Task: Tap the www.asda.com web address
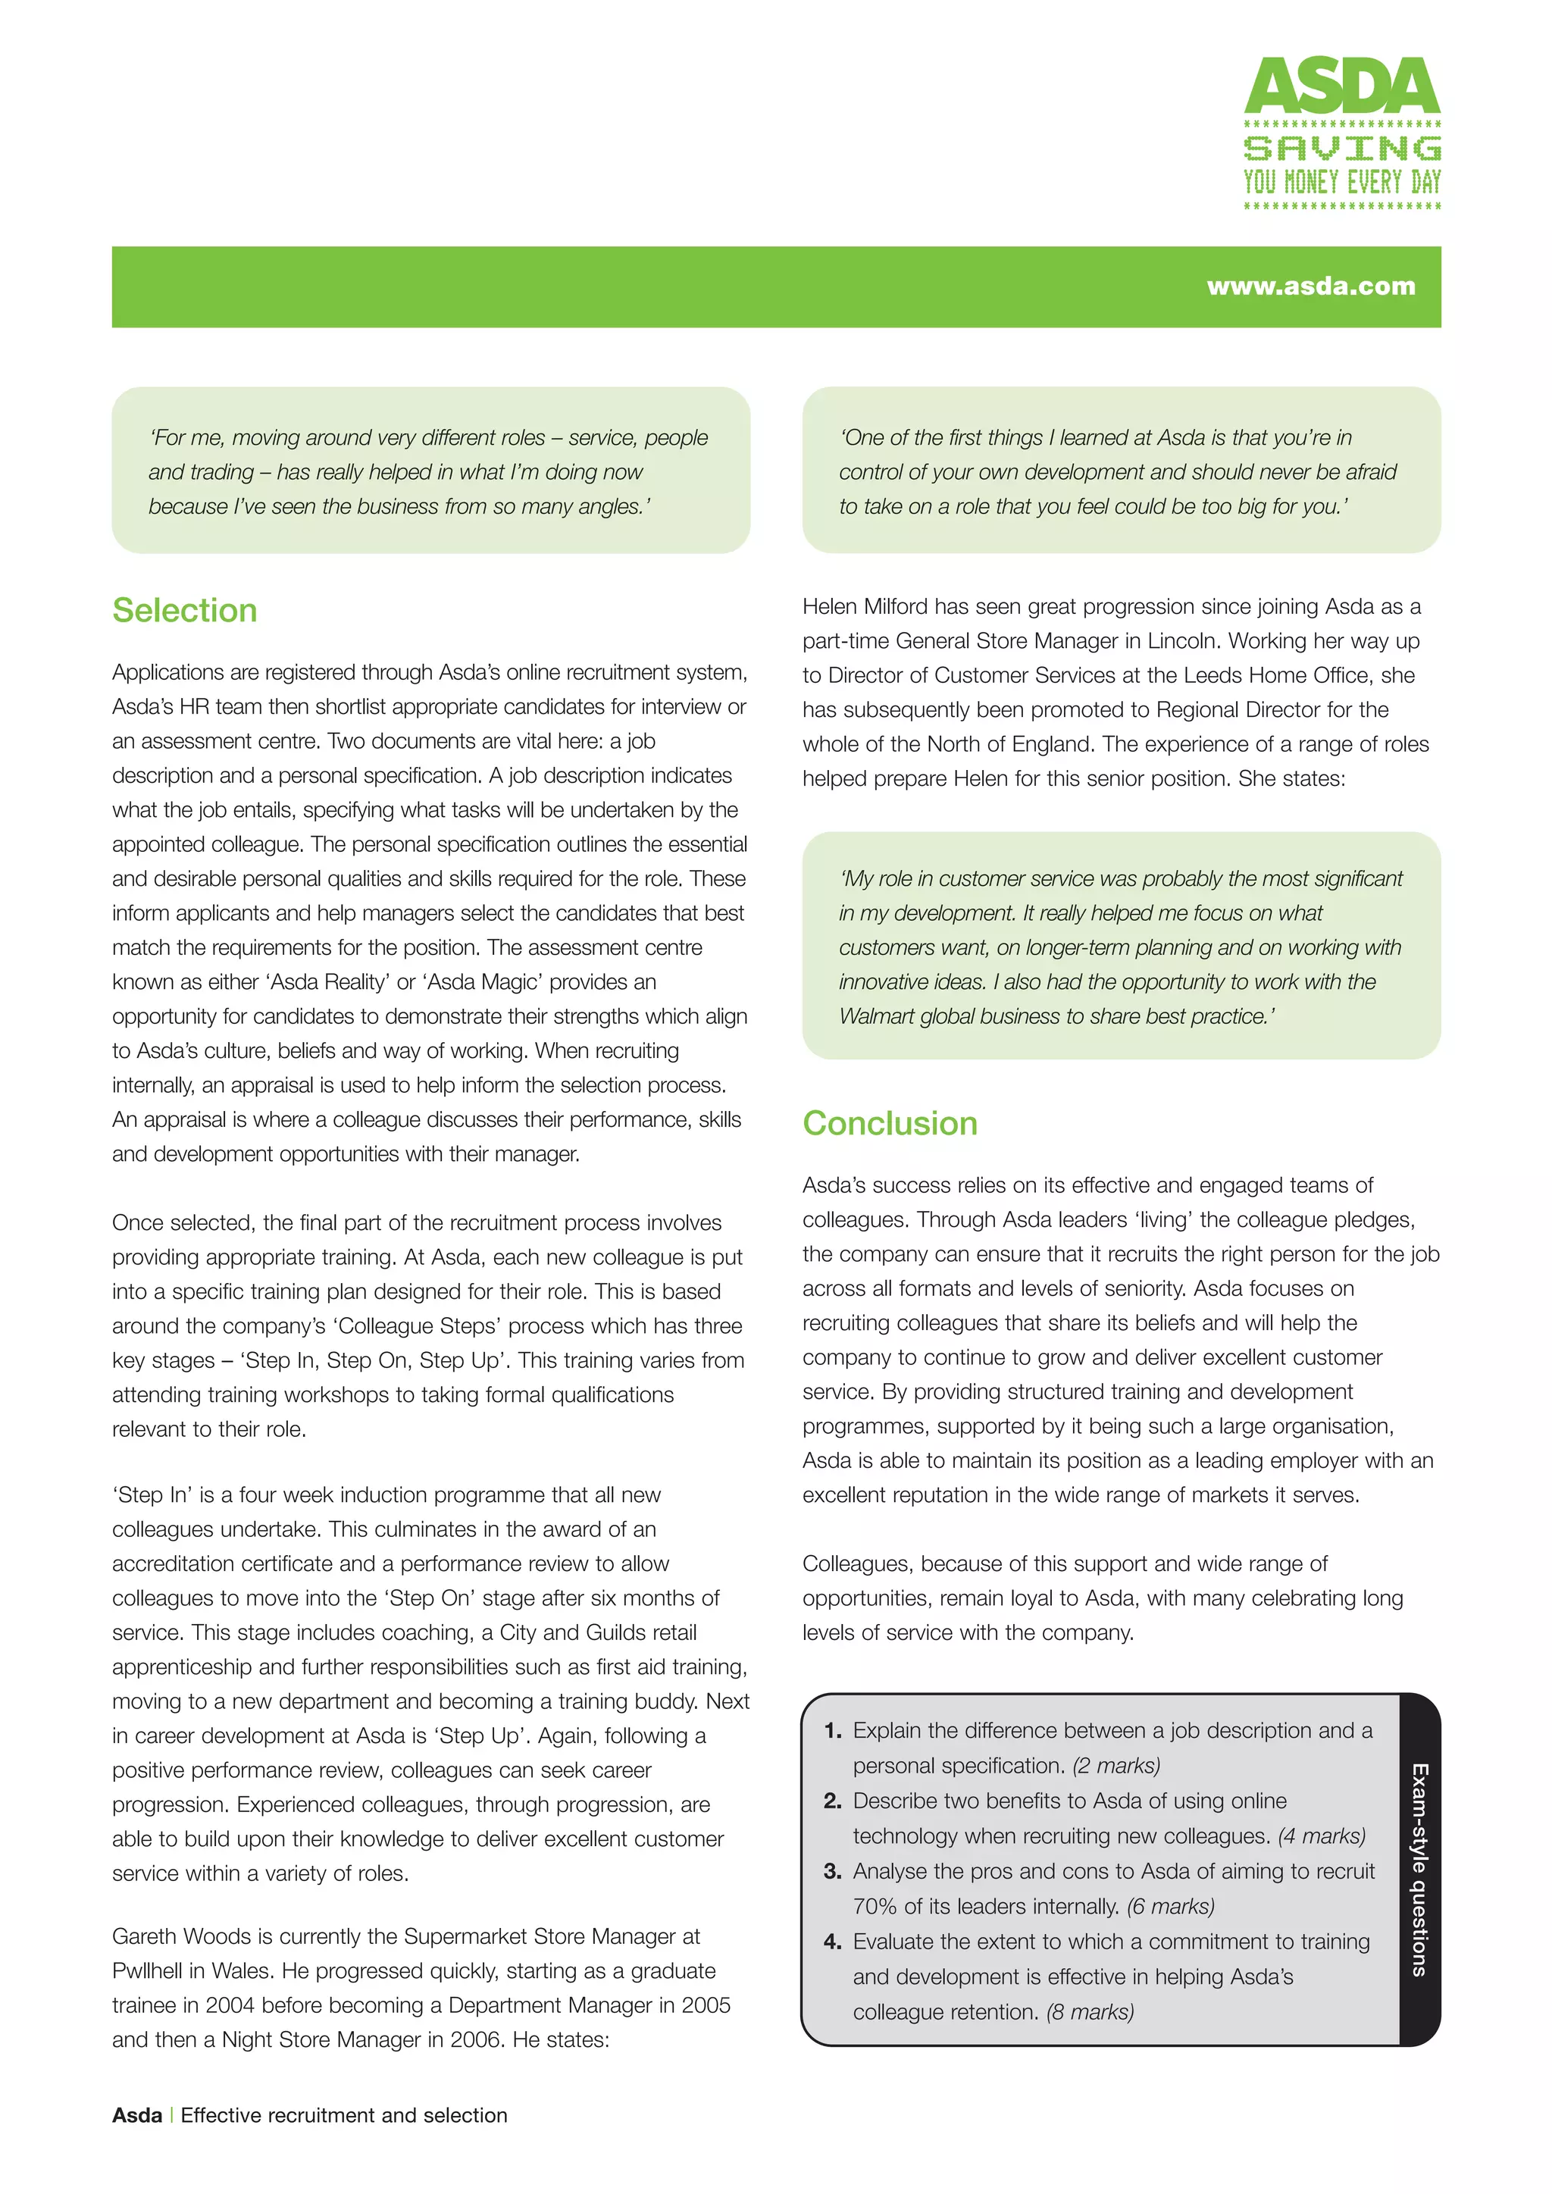click(x=1310, y=286)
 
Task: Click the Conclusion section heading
click(x=890, y=1124)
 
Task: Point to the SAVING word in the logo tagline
click(x=1342, y=148)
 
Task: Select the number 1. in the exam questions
click(x=832, y=1730)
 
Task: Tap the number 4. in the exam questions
click(x=832, y=1942)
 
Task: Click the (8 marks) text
click(x=1090, y=2012)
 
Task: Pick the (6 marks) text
click(x=1170, y=1906)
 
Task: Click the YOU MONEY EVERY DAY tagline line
click(x=1342, y=183)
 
